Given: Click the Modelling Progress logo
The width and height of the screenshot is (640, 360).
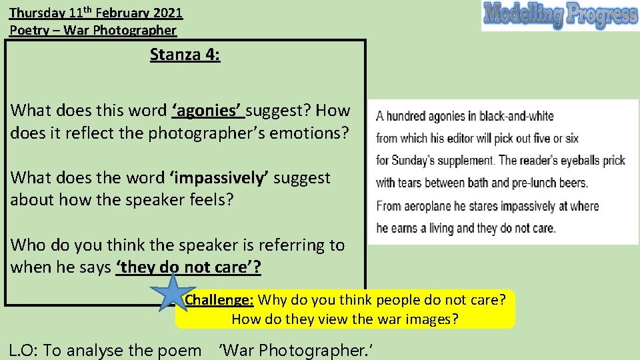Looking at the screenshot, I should coord(560,15).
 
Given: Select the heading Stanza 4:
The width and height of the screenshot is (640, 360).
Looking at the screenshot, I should coord(185,54).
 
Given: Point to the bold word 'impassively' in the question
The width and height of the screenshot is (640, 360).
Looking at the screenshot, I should coord(219,178).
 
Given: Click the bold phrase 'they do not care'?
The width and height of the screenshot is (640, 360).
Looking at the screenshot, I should coord(189,267).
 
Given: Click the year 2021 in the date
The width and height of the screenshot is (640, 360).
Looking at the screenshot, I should coord(166,12).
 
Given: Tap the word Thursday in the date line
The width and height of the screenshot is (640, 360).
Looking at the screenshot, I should coord(37,12).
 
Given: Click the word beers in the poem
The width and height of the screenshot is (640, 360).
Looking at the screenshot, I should coord(571,183).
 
